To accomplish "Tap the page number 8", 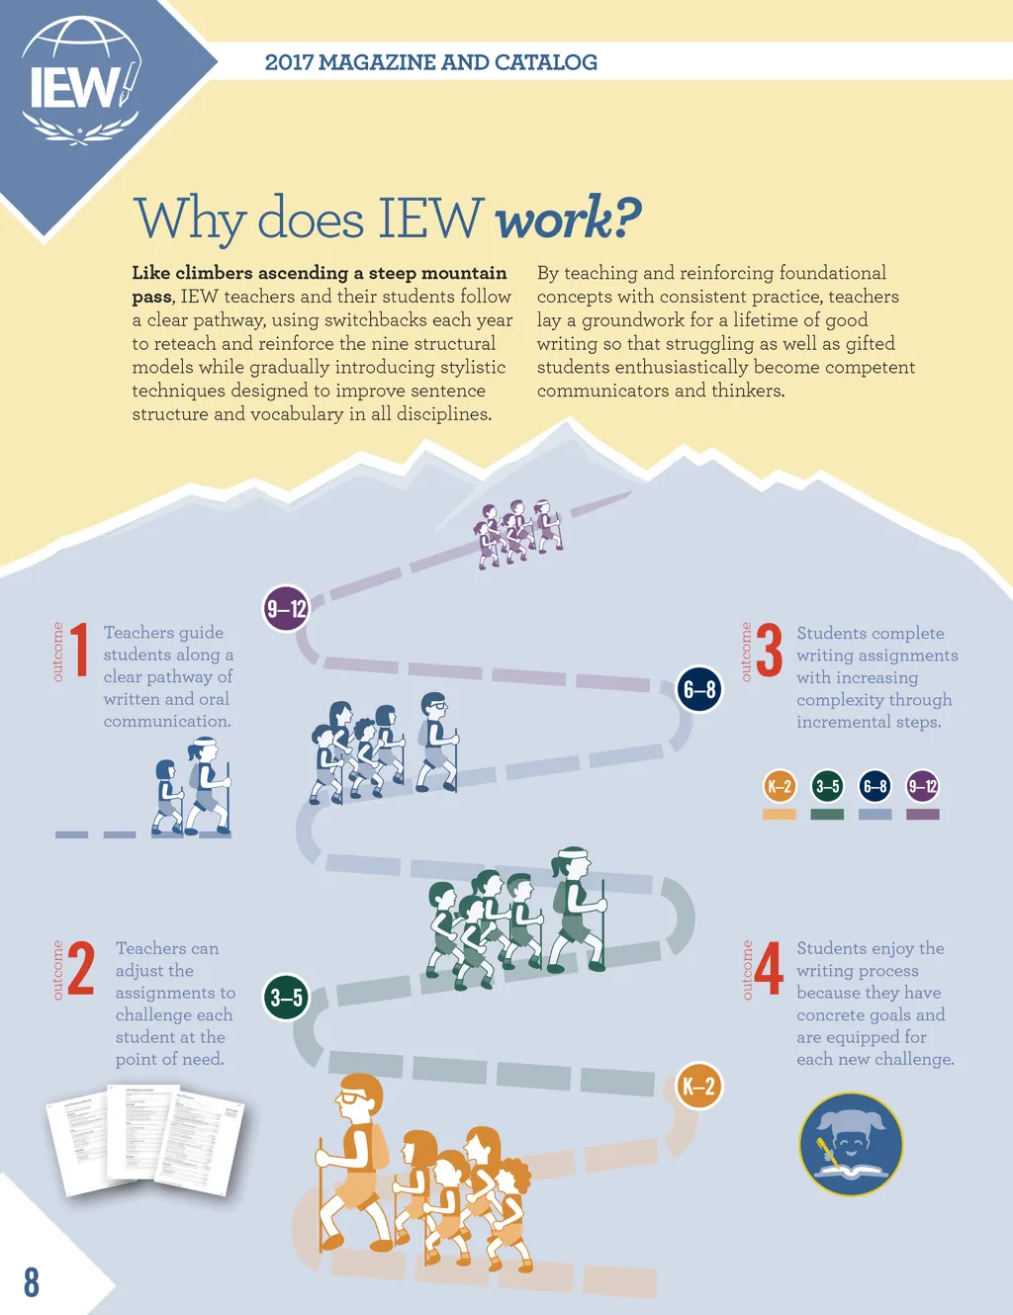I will [32, 1281].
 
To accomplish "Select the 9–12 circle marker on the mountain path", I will [285, 609].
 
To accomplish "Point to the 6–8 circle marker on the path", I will [699, 689].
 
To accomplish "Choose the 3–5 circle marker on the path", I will [286, 998].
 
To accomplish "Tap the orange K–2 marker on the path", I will [698, 1087].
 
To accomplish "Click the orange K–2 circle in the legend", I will [780, 787].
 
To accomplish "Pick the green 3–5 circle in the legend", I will [827, 787].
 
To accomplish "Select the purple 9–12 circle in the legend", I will [922, 787].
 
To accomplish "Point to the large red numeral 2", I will [80, 969].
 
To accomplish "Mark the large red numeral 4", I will [769, 969].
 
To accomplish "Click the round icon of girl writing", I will [851, 1144].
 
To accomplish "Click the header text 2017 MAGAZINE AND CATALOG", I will [431, 62].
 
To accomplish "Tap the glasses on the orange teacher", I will [351, 1096].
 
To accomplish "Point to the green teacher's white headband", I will [573, 852].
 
